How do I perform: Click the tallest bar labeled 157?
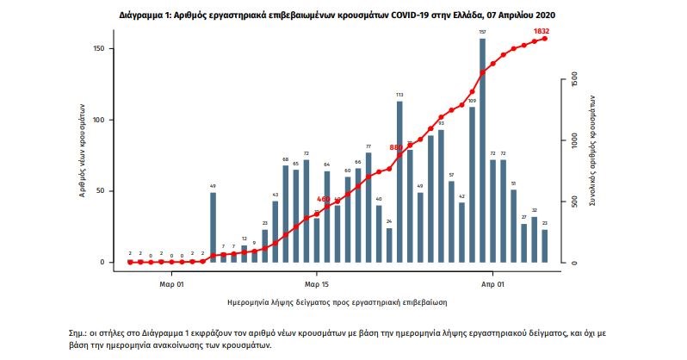pos(482,151)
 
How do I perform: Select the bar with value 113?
pos(399,182)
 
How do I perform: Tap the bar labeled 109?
pos(472,184)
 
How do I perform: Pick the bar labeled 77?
pos(368,207)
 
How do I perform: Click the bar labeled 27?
pos(523,243)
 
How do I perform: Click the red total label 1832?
pos(541,31)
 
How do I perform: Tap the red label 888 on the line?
pos(396,147)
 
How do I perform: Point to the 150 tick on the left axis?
pos(99,49)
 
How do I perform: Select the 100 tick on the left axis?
pos(99,120)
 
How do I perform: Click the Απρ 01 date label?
pos(492,281)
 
